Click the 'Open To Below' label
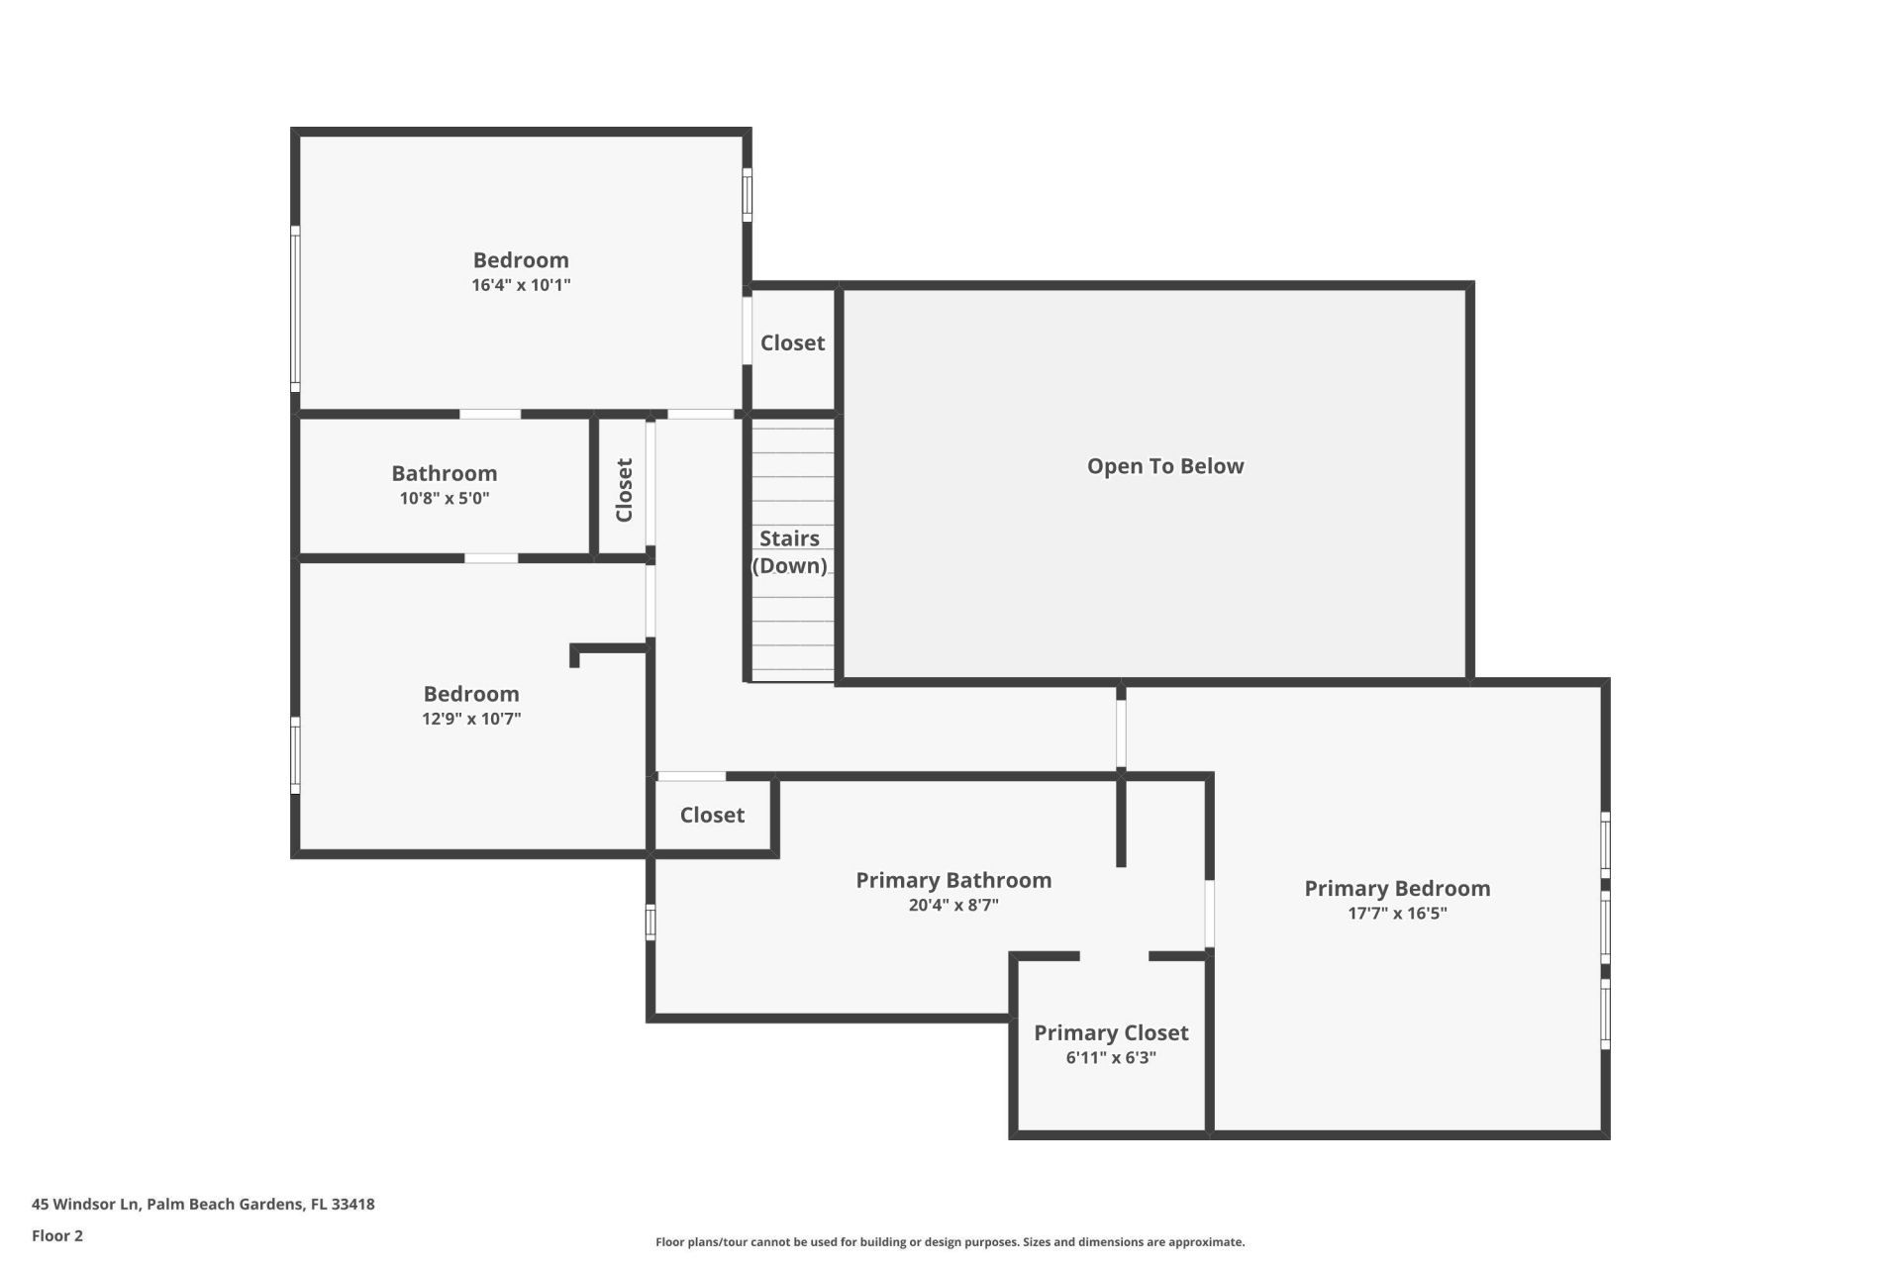(x=1164, y=466)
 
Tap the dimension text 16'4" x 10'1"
(x=521, y=285)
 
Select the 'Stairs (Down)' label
(x=789, y=551)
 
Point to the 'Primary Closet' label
(x=1111, y=1032)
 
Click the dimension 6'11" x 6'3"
(x=1111, y=1057)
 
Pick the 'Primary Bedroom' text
(x=1396, y=888)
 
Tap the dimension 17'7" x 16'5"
(x=1396, y=913)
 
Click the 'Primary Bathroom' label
(x=952, y=880)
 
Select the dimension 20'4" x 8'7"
(x=952, y=905)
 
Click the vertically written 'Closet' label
(x=624, y=489)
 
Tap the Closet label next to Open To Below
(x=792, y=342)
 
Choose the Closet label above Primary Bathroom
(x=712, y=815)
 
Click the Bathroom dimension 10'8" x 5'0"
(x=444, y=498)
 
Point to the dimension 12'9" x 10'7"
(x=471, y=719)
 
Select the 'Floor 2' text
(x=57, y=1235)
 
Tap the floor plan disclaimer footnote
(x=950, y=1241)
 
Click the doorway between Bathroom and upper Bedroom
(x=490, y=414)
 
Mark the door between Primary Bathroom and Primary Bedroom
(x=1209, y=914)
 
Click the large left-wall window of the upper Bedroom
(x=295, y=307)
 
